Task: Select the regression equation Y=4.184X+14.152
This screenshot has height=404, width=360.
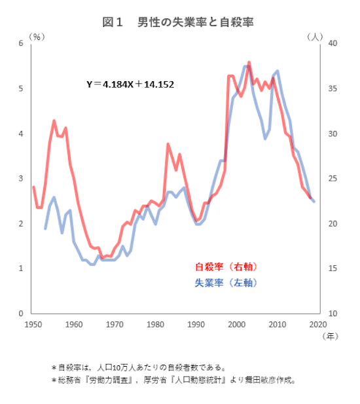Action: point(130,84)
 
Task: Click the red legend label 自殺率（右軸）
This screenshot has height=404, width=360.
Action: point(226,267)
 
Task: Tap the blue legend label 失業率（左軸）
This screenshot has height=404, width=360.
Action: point(226,283)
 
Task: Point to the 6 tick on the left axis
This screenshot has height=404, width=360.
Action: point(22,43)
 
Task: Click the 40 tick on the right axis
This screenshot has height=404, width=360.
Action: point(333,43)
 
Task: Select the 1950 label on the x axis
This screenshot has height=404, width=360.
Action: point(33,324)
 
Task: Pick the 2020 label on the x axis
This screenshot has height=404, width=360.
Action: point(318,324)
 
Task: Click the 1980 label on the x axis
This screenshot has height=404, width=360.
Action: point(155,324)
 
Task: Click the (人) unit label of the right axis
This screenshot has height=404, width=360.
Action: point(315,37)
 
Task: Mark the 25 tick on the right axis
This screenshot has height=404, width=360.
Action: point(333,179)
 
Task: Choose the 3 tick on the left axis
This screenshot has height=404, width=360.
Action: point(22,179)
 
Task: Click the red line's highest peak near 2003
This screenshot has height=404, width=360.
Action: point(249,62)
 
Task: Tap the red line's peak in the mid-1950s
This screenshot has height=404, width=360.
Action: point(54,120)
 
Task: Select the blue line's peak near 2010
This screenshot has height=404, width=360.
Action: point(278,71)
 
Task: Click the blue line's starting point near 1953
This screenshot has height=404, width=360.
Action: point(45,229)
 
